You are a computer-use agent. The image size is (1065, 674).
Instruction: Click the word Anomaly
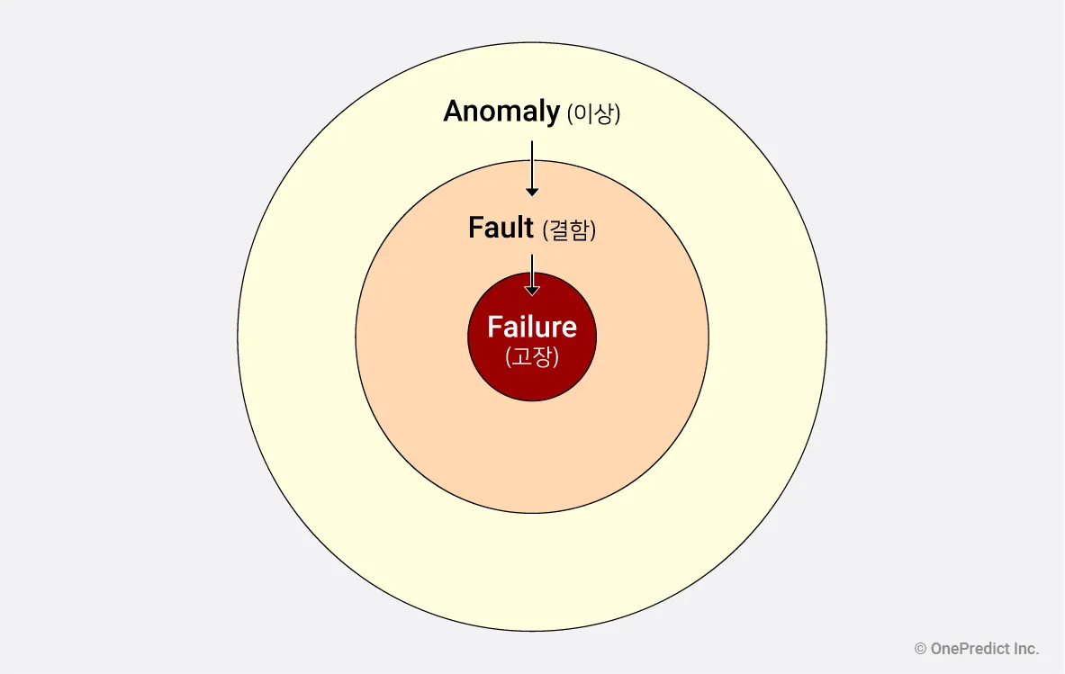click(x=501, y=112)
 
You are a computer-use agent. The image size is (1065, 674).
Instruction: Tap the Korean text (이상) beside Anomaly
click(x=593, y=114)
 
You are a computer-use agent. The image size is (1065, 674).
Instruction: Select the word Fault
click(x=501, y=228)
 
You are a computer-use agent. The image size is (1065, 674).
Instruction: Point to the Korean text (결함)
click(x=569, y=230)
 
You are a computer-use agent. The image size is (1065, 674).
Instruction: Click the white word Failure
click(x=531, y=327)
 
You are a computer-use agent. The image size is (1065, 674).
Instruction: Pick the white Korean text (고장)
click(x=532, y=357)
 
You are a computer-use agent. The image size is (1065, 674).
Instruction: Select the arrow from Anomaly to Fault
click(x=532, y=167)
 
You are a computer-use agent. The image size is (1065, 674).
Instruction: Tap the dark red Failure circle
click(x=532, y=382)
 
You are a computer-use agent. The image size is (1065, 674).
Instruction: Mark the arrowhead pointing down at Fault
click(x=532, y=191)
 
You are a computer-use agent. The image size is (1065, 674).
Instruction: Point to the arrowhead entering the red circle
click(x=532, y=290)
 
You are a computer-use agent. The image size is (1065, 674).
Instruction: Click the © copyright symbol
click(x=920, y=649)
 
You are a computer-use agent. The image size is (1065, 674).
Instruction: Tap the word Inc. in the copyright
click(x=1025, y=649)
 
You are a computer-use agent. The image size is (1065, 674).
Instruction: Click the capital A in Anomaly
click(x=454, y=112)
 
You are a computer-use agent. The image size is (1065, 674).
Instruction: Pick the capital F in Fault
click(x=475, y=228)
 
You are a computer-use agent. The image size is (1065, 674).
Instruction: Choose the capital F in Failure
click(x=494, y=327)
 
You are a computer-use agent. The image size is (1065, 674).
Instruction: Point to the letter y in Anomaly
click(x=552, y=115)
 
